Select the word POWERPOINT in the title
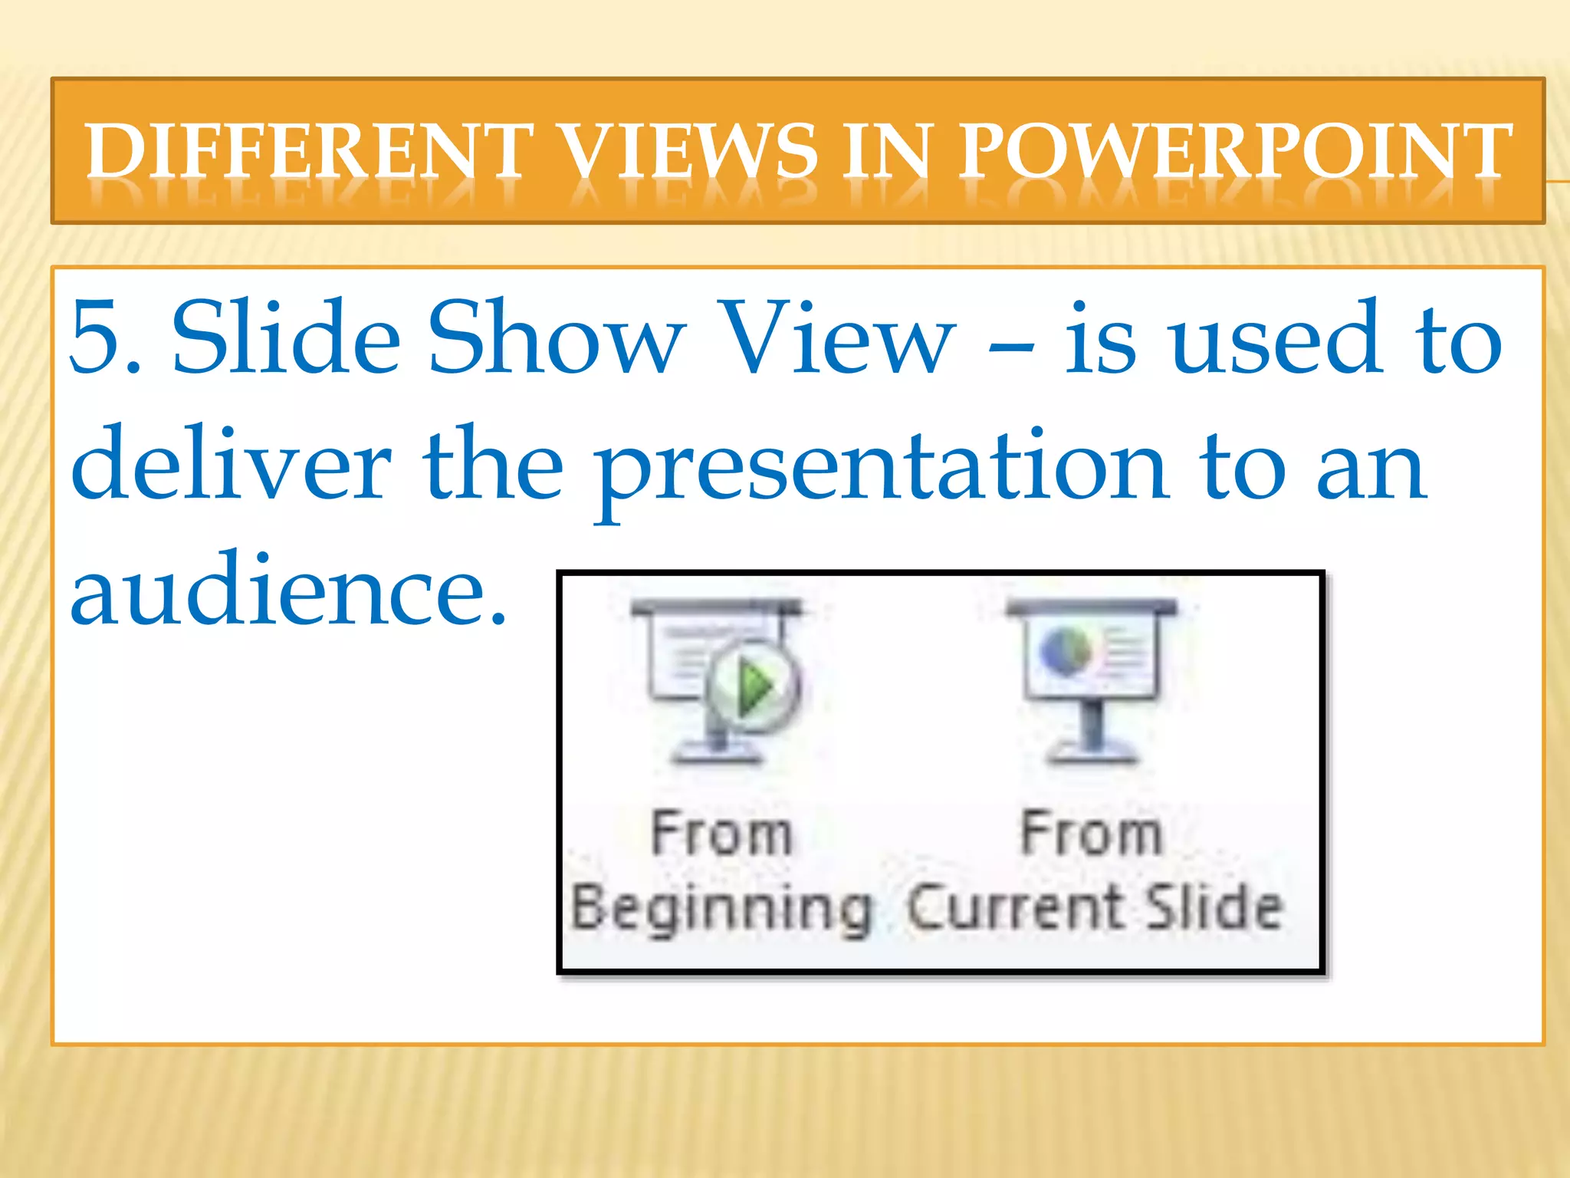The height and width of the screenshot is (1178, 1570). click(x=1236, y=150)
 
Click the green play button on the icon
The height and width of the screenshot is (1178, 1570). click(x=753, y=684)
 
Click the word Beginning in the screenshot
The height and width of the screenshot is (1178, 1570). click(x=721, y=910)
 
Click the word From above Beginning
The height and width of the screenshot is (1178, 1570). click(x=721, y=834)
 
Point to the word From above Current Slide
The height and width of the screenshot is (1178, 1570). click(x=1091, y=834)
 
